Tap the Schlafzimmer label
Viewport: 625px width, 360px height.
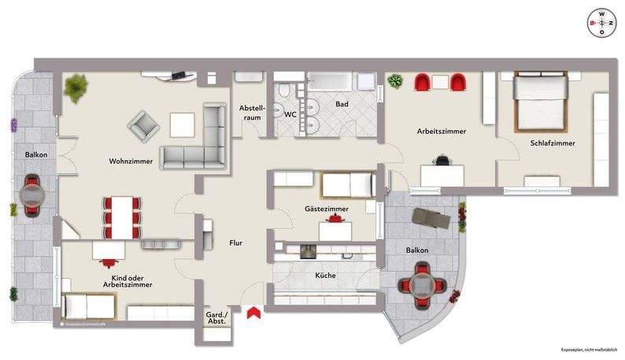point(552,143)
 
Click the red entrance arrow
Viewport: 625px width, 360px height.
point(253,314)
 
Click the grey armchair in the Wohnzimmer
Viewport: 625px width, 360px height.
point(145,125)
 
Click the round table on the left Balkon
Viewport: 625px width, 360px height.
point(33,195)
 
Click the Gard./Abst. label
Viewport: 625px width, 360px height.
point(216,317)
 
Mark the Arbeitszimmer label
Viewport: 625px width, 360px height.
point(442,132)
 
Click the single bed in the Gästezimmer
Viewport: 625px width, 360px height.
point(346,186)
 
